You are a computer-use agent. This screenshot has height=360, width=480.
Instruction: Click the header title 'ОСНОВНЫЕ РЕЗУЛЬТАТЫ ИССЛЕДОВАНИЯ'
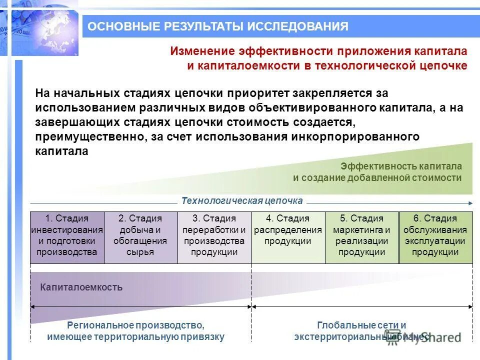[218, 26]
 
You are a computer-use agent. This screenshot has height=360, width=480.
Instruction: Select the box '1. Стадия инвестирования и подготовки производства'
[67, 237]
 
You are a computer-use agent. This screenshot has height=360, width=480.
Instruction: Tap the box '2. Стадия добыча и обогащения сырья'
[140, 237]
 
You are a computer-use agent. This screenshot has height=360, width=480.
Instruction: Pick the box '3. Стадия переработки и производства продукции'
[214, 237]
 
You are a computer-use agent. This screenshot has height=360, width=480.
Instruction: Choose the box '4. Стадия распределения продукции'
[287, 237]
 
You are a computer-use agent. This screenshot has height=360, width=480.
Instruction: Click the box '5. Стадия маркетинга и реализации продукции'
[361, 237]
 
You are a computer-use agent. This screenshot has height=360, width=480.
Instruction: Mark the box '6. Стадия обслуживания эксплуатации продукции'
[435, 237]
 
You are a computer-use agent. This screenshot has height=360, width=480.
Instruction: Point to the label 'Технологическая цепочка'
[242, 201]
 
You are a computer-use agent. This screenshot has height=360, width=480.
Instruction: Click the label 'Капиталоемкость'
[81, 287]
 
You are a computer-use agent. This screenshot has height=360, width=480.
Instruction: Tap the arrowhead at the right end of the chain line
[470, 203]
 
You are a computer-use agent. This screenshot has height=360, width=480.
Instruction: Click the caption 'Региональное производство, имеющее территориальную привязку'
[136, 331]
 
